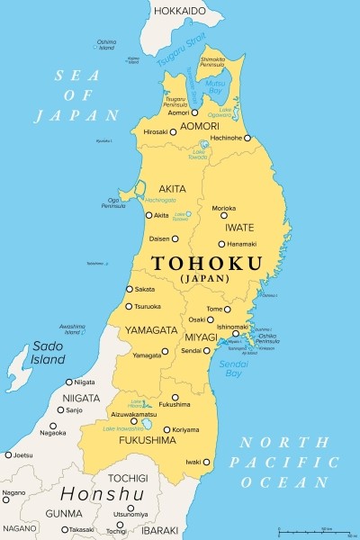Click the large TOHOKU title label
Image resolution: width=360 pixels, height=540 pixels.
[x=208, y=264]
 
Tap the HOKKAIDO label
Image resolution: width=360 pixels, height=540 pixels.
[x=180, y=10]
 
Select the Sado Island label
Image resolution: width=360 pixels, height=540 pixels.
[x=49, y=352]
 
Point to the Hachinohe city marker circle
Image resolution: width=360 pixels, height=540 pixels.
[x=247, y=139]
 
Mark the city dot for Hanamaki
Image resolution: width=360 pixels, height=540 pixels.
[x=221, y=244]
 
